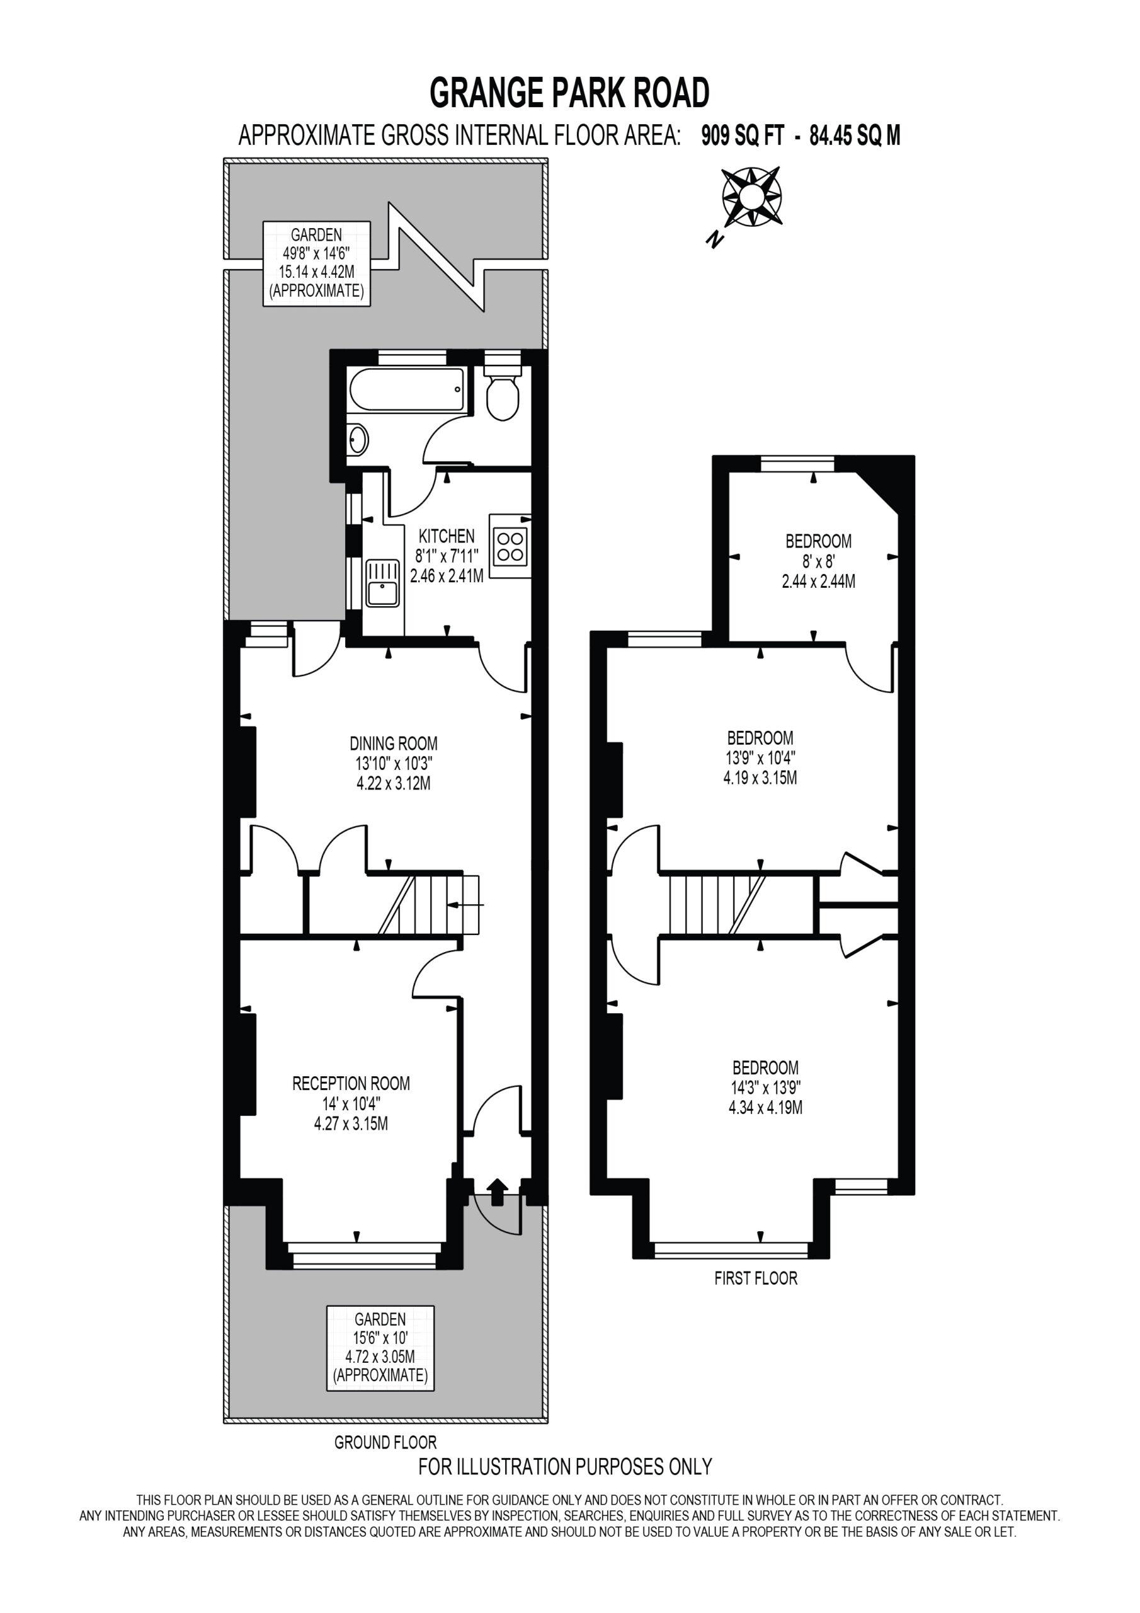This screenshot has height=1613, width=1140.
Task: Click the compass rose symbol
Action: click(x=752, y=197)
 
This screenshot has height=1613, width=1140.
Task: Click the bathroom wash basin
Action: click(x=358, y=440)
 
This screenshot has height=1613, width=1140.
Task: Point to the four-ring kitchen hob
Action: click(x=511, y=546)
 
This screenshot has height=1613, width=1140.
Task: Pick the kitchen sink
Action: click(x=383, y=582)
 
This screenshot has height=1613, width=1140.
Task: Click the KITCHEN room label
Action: click(x=447, y=536)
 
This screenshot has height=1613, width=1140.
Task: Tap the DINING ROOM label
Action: click(x=394, y=743)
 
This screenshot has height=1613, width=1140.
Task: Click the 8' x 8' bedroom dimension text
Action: click(x=818, y=561)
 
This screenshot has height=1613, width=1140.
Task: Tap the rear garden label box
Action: click(x=317, y=263)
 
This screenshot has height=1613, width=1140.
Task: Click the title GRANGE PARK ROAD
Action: click(x=569, y=93)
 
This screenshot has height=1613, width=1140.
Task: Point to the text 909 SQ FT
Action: click(x=743, y=135)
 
